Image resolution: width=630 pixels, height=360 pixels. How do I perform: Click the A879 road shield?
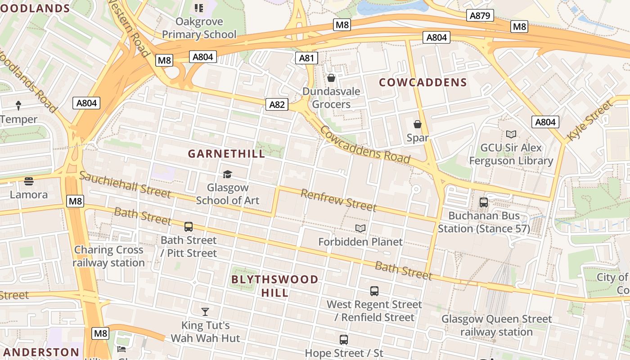480,16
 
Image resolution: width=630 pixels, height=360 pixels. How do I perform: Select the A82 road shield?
277,104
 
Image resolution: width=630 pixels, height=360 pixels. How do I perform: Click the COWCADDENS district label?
423,82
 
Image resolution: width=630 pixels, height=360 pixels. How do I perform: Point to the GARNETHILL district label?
226,153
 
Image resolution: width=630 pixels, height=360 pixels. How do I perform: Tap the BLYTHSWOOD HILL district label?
274,286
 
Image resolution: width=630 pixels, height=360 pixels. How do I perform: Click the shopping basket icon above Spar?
418,124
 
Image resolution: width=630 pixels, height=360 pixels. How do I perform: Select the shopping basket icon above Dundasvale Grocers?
331,78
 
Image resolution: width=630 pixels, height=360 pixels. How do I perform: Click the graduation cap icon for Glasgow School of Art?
227,174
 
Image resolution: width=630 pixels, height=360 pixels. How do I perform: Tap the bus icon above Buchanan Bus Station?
484,202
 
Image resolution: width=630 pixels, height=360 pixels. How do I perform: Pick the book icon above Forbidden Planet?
360,229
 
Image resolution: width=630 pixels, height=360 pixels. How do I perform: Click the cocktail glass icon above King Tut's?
205,311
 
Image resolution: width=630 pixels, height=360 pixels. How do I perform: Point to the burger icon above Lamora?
29,181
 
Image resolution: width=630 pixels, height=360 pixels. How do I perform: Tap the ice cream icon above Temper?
18,106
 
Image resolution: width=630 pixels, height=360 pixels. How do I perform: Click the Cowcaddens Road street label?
365,144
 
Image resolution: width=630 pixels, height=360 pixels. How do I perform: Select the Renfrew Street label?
338,200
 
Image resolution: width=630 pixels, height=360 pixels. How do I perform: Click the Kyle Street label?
589,120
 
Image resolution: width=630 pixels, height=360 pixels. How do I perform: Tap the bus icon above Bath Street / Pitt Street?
189,226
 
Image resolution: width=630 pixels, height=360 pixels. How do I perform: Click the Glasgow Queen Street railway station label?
496,325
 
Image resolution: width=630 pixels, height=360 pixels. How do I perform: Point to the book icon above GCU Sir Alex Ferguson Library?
511,134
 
